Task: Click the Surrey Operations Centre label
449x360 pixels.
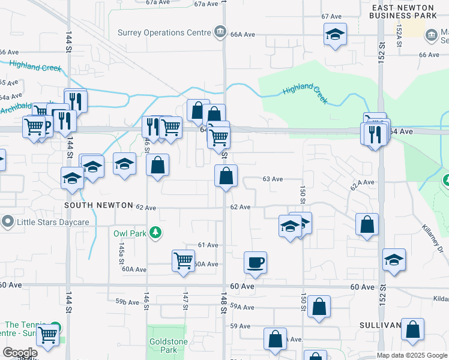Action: pos(164,32)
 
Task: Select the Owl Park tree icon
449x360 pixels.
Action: pos(155,233)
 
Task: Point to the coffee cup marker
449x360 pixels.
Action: pos(255,262)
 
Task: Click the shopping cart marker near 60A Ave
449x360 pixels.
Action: pos(184,261)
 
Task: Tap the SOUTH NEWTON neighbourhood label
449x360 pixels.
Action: pos(98,205)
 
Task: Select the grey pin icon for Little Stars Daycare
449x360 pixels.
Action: pos(7,222)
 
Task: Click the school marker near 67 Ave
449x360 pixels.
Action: pos(335,34)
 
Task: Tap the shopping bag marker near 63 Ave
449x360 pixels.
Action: pos(226,176)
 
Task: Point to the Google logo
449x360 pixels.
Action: pos(20,353)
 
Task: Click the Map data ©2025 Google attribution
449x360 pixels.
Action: pos(412,355)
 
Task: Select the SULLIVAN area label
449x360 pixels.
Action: pos(380,325)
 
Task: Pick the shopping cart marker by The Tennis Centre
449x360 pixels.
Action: pos(47,335)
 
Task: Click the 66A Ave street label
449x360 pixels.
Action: pos(243,35)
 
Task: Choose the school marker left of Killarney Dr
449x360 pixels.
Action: pos(394,260)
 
